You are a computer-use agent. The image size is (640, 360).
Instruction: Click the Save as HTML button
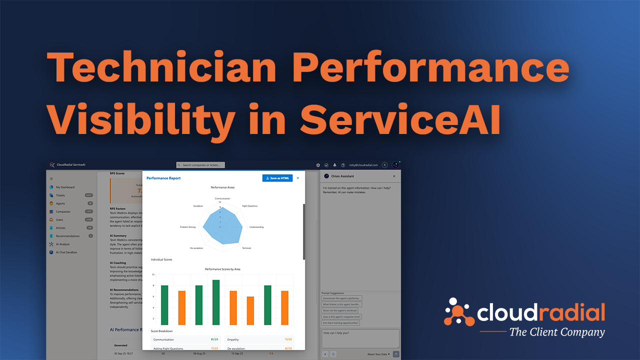tap(277, 178)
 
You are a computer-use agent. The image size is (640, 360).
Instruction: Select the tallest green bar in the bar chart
tap(216, 302)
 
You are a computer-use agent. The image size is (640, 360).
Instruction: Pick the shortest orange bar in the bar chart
tap(250, 310)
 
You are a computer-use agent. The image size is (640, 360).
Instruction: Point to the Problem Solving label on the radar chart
tap(188, 227)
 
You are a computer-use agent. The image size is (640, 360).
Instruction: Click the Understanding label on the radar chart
tap(256, 227)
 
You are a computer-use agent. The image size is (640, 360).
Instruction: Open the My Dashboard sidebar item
tap(65, 187)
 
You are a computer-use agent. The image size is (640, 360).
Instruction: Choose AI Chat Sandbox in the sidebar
tap(66, 252)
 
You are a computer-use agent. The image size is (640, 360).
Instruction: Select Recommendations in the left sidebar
tap(67, 236)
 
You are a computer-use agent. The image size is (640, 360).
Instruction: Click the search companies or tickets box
tap(201, 165)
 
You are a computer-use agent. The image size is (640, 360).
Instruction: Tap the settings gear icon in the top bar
tap(318, 165)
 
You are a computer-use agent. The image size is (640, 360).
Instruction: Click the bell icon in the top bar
tap(334, 165)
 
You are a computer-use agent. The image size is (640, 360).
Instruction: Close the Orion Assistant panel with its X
tap(393, 176)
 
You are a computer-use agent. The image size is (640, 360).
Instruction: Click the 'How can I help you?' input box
tap(360, 337)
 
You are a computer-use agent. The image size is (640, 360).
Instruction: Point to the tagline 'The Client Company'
tap(556, 332)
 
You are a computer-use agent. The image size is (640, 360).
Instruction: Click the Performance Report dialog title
tap(163, 178)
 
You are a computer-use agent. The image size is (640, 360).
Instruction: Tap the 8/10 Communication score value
tap(214, 339)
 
